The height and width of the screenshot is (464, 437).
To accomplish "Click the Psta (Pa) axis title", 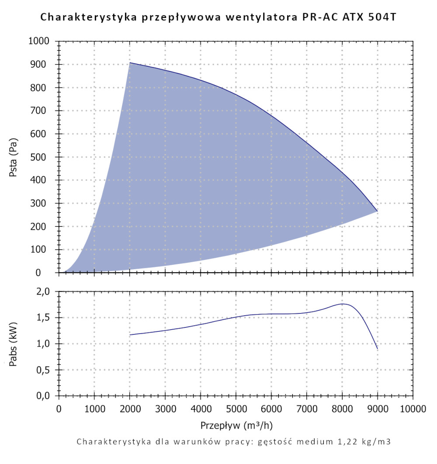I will (x=13, y=157).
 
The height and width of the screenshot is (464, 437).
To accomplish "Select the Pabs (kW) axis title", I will (x=13, y=344).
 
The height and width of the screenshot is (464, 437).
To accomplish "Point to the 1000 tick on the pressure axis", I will (x=41, y=42).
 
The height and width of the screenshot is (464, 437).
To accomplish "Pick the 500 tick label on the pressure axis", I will (x=44, y=157).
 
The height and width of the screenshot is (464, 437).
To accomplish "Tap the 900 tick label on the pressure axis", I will (x=44, y=65).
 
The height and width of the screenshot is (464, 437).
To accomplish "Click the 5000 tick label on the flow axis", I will (x=236, y=409).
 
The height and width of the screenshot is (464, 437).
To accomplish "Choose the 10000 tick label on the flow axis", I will (x=413, y=409).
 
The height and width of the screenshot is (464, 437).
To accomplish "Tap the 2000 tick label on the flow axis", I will (x=130, y=409).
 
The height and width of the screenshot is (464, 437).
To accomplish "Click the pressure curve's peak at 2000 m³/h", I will (x=130, y=63).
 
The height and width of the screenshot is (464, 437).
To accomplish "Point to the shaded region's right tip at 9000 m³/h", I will (x=377, y=211).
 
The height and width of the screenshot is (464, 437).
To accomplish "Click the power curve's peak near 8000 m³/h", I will (x=343, y=304).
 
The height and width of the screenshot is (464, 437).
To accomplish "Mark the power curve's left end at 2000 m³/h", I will (x=130, y=335).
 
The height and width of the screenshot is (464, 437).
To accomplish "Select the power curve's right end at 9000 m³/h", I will (x=377, y=349).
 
